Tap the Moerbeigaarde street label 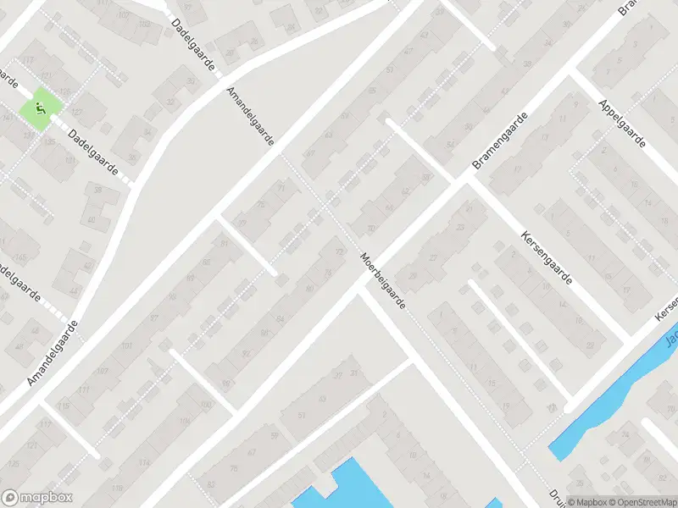[382, 280]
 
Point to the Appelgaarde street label [621, 124]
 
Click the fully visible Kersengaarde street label [547, 257]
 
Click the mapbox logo [36, 498]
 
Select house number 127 [77, 113]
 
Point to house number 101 [127, 346]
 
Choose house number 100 [204, 406]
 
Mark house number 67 [252, 453]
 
